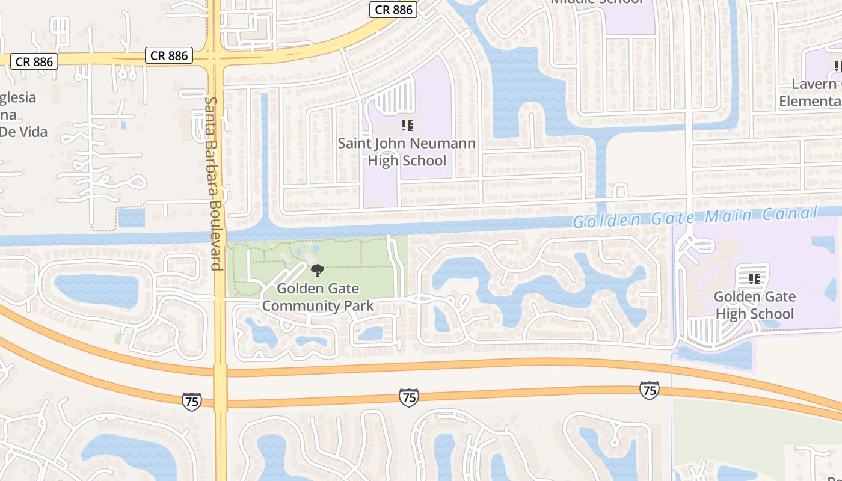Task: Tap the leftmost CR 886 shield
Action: click(34, 61)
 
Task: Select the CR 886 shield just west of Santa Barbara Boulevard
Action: click(169, 55)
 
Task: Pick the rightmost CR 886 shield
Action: click(394, 10)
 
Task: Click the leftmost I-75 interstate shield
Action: click(191, 401)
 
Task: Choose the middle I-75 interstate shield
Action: click(408, 397)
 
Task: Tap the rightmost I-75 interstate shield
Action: click(649, 390)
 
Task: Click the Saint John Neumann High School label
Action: click(407, 152)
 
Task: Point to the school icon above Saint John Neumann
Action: click(407, 126)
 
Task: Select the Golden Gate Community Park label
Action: click(318, 297)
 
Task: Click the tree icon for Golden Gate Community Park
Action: click(318, 271)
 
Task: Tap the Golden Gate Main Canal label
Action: click(695, 217)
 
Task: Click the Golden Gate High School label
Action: click(754, 305)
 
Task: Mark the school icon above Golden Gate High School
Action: click(754, 278)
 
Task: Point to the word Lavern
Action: click(814, 84)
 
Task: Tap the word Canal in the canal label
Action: click(790, 213)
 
